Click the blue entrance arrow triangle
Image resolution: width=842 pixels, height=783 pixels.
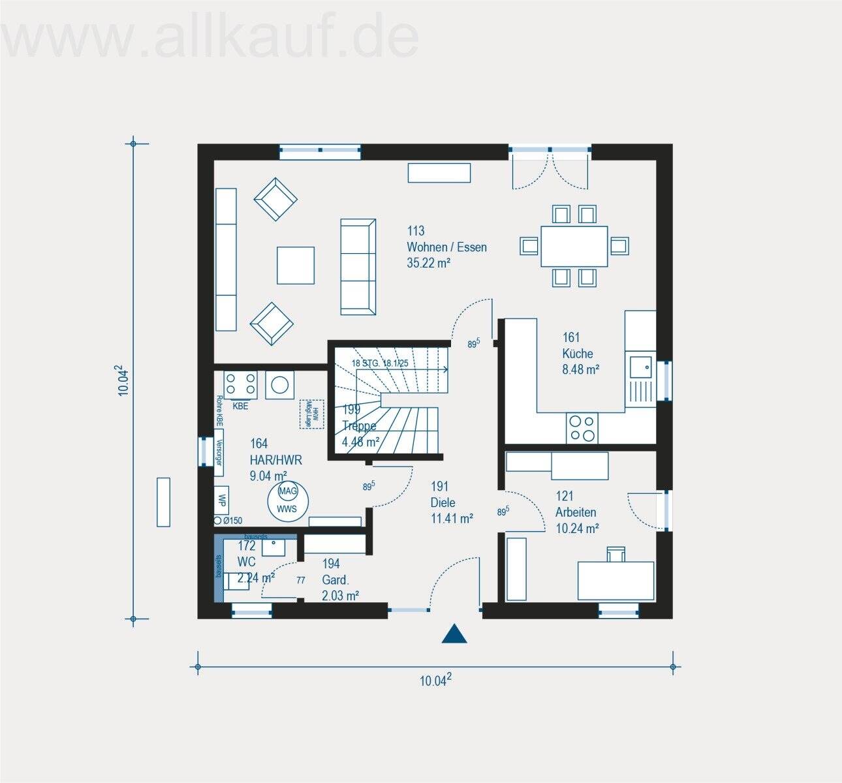coord(454,634)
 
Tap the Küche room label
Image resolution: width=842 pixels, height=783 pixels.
coord(578,354)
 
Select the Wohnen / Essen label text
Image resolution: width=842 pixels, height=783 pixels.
coord(446,247)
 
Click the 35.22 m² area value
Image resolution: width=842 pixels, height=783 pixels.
coord(429,263)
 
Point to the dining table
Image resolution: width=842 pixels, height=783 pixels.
coord(574,246)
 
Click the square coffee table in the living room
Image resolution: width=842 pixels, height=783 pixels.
coord(296,265)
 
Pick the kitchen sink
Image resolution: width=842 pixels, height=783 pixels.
coord(640,368)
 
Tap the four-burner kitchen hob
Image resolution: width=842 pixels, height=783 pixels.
coord(582,429)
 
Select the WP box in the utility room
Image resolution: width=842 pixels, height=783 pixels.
coord(222,500)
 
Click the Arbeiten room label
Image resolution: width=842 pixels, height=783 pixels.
coord(576,512)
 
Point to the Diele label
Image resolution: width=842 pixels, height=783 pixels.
coord(443,502)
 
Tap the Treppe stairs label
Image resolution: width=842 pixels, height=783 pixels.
coord(360,426)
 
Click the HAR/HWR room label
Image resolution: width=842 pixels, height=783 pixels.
coord(275,459)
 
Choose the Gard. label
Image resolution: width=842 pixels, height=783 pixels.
coord(335,579)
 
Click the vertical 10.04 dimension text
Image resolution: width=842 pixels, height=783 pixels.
coord(125,380)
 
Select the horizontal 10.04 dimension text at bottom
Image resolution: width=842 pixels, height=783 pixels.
coord(435,681)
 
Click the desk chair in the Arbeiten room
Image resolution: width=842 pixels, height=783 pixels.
coord(615,554)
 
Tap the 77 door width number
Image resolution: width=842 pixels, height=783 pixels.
coord(301,579)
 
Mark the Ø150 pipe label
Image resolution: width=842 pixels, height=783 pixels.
coord(232,521)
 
